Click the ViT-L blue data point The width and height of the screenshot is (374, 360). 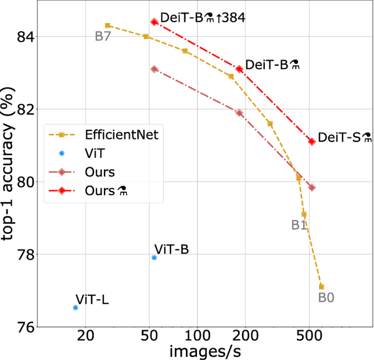75,307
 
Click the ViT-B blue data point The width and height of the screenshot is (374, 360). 154,257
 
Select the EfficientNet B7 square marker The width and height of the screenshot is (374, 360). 108,26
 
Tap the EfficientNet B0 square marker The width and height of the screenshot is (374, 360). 321,286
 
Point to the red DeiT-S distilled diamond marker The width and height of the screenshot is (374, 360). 312,141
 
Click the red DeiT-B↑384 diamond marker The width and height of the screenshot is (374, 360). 154,22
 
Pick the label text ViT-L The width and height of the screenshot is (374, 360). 92,300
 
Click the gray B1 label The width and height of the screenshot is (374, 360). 300,224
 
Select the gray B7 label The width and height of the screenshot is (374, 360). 103,37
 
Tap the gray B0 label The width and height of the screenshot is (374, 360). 326,297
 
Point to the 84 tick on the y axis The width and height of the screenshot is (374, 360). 25,37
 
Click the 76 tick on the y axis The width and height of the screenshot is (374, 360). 25,327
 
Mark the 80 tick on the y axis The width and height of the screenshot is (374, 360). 25,182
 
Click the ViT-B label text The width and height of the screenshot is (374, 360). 171,250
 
